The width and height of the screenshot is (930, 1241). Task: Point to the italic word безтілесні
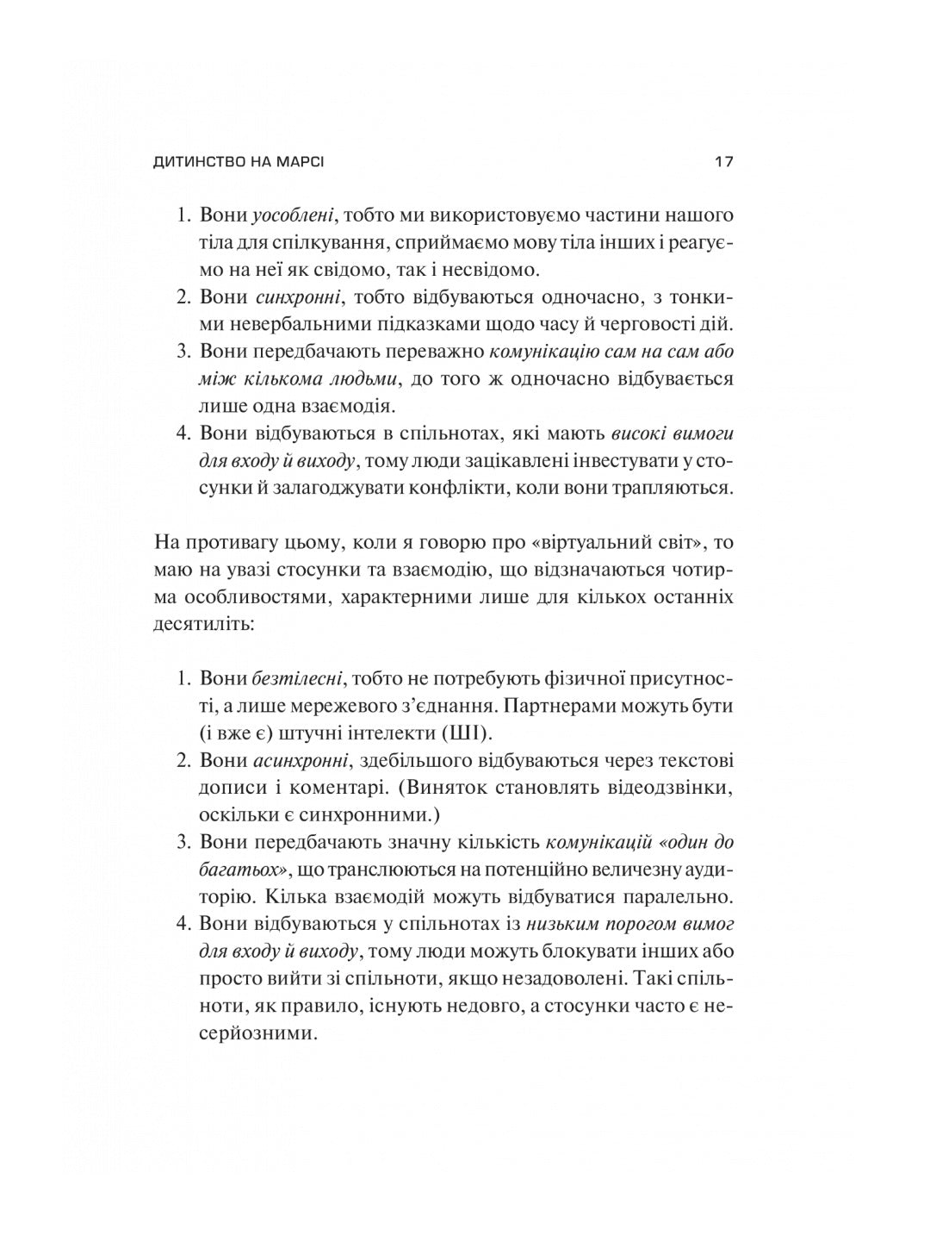tap(299, 677)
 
